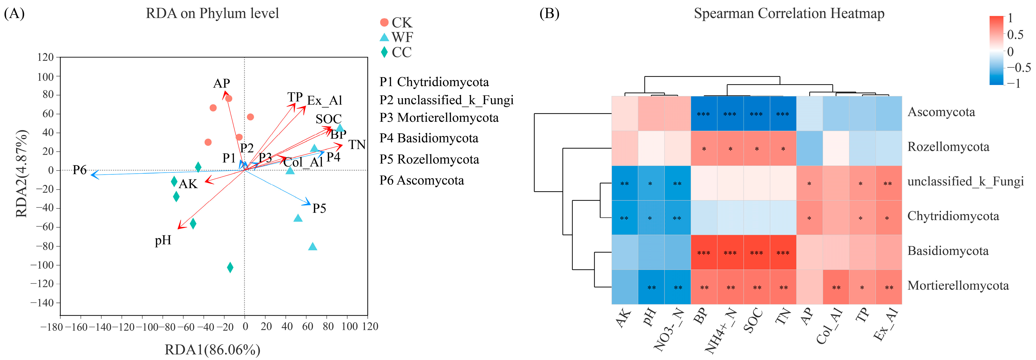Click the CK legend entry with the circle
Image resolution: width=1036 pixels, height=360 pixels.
click(396, 23)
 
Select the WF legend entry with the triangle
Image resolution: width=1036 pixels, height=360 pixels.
click(396, 37)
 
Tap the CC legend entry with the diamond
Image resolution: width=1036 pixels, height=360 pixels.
click(396, 52)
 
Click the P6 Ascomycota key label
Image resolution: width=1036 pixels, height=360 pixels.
click(422, 180)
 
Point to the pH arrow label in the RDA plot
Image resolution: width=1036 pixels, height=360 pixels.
click(163, 240)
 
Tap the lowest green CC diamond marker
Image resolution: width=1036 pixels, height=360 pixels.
click(230, 267)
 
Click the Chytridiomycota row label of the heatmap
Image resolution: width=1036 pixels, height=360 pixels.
click(953, 216)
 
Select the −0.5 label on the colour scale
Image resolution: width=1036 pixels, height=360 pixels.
click(1019, 67)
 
